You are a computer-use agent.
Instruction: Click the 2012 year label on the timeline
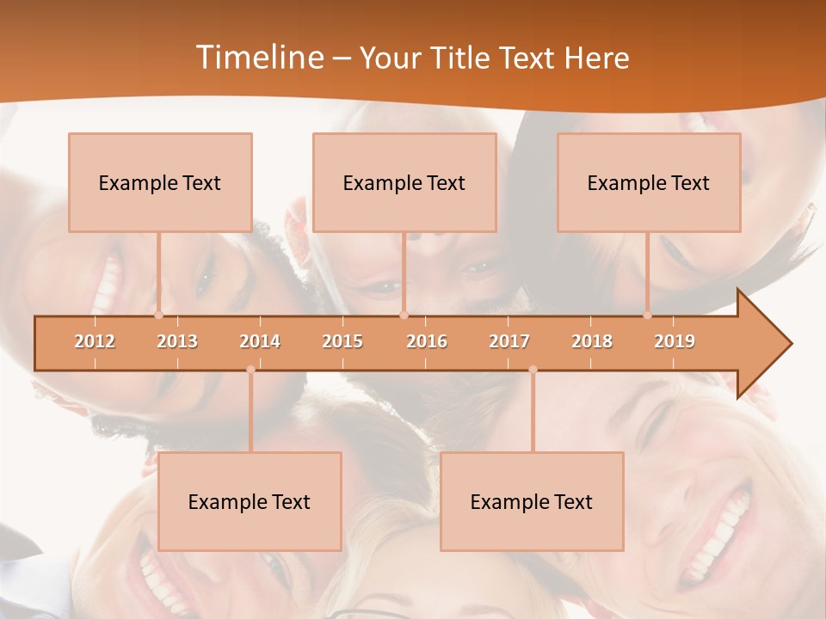coord(95,342)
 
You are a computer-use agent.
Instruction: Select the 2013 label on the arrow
coord(177,342)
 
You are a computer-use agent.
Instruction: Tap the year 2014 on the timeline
coord(260,342)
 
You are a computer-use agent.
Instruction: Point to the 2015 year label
coord(342,342)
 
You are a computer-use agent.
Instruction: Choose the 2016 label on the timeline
coord(427,342)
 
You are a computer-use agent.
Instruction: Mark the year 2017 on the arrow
coord(509,342)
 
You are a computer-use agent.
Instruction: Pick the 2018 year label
coord(592,342)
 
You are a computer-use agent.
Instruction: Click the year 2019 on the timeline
coord(675,342)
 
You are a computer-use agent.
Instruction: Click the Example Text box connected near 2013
coord(160,182)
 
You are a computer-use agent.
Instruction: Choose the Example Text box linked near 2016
coord(404,182)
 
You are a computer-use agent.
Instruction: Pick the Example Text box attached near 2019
coord(649,182)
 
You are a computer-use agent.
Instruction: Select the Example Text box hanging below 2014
coord(250,501)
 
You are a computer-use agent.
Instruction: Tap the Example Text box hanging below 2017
coord(532,501)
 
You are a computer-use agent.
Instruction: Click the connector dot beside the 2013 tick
coord(159,315)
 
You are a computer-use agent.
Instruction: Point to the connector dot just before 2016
coord(404,315)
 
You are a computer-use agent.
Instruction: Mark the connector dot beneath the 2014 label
coord(250,370)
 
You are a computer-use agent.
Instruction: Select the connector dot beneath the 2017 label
coord(533,370)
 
